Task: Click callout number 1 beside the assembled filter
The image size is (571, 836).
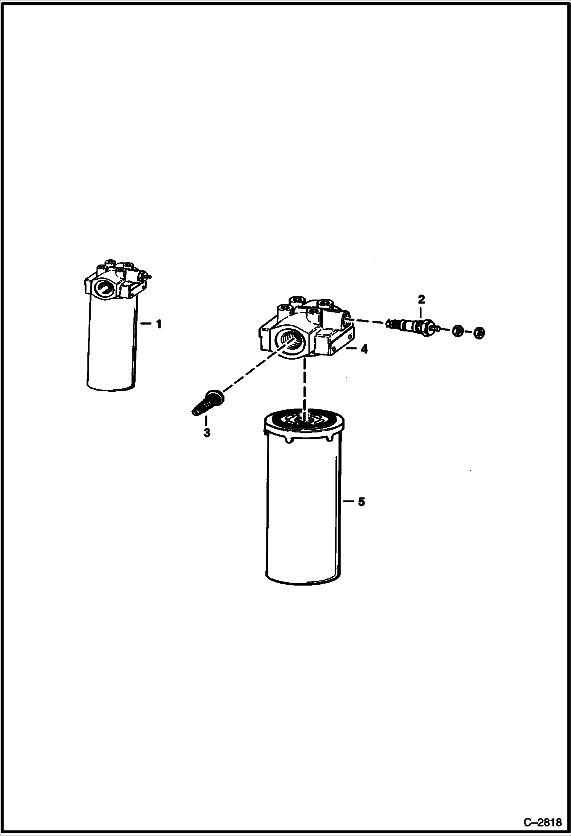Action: pos(158,324)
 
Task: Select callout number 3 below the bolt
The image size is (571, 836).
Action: pos(207,433)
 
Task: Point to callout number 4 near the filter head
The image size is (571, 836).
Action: pos(364,349)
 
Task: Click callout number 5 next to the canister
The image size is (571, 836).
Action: pos(361,502)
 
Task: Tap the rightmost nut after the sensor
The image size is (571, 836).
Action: pos(480,333)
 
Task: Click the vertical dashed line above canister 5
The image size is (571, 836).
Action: pos(304,385)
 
